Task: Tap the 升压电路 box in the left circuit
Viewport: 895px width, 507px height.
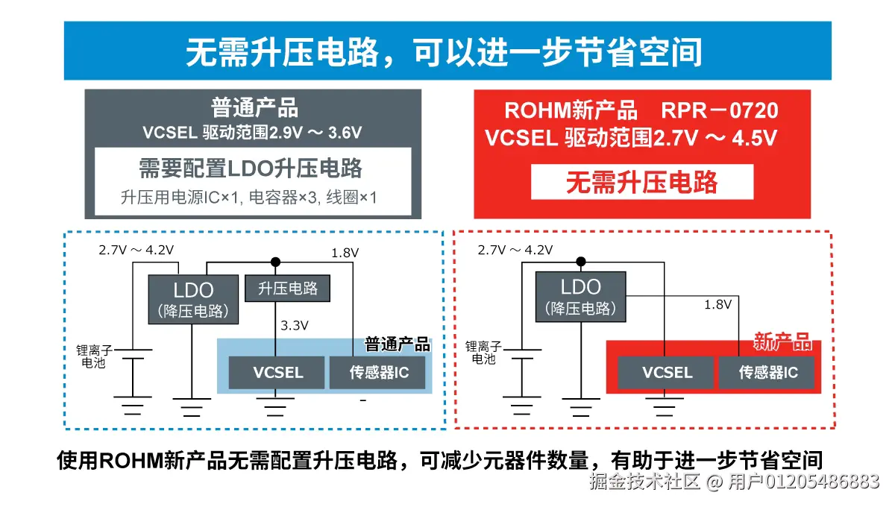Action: click(x=287, y=289)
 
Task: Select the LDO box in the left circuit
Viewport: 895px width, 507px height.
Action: click(x=193, y=299)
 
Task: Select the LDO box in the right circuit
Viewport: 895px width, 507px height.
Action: click(x=580, y=296)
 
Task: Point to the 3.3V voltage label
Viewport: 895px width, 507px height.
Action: click(x=295, y=325)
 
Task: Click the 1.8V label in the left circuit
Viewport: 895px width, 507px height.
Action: click(x=345, y=253)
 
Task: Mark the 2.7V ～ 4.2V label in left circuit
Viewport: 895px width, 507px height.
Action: click(x=136, y=250)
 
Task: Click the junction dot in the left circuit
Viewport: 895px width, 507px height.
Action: click(x=275, y=262)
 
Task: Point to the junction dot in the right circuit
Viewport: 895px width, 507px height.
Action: click(x=581, y=261)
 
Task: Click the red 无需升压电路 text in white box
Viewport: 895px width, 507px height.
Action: click(x=641, y=182)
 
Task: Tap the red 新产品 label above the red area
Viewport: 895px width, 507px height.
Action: click(x=782, y=342)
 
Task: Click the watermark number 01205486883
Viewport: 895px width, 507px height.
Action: click(x=820, y=482)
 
